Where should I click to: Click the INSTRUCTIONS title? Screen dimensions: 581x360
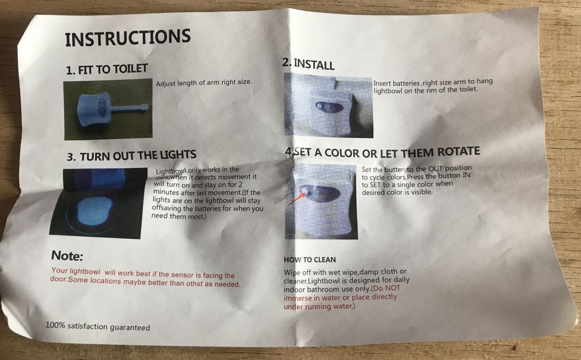point(128,38)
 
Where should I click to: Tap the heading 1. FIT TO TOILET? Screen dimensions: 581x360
point(107,70)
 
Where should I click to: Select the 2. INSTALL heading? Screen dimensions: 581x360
point(308,64)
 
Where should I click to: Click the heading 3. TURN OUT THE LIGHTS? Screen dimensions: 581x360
point(132,155)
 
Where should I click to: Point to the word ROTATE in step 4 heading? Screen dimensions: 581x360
point(459,151)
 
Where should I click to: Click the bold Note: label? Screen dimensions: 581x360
point(67,255)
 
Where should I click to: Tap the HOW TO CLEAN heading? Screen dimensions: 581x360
point(310,260)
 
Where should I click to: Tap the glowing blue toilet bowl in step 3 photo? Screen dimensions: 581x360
point(95,210)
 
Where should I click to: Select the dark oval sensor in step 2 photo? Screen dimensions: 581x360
point(329,106)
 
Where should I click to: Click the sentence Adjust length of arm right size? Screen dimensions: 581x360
point(204,83)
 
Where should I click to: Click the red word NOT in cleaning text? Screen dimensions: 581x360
point(393,288)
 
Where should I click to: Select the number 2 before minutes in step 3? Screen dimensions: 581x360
point(241,185)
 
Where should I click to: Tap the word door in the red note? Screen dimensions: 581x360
point(57,279)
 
